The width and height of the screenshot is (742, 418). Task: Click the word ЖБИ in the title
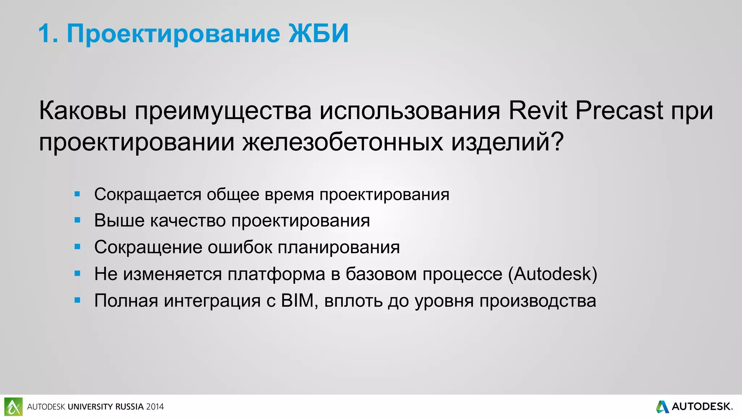pos(318,33)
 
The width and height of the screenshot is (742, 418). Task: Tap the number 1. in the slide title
pos(48,34)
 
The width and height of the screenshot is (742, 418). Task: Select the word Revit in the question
pos(538,110)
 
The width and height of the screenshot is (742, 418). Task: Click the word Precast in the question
pos(619,110)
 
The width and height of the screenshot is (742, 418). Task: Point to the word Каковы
pos(83,110)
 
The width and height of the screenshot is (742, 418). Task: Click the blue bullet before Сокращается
pos(77,194)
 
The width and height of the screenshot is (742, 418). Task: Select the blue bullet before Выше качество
pos(77,220)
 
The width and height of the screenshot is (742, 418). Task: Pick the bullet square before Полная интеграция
pos(77,300)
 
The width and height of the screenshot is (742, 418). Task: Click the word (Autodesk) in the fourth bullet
pos(553,274)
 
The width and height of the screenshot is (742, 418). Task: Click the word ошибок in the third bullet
pos(240,247)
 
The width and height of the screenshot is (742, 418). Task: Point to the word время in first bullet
pos(289,195)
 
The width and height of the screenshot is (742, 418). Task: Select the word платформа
pos(276,274)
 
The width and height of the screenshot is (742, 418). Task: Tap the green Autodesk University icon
pos(13,406)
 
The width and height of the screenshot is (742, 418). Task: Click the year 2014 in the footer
pos(155,407)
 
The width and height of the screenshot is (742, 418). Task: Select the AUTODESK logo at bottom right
pos(694,406)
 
